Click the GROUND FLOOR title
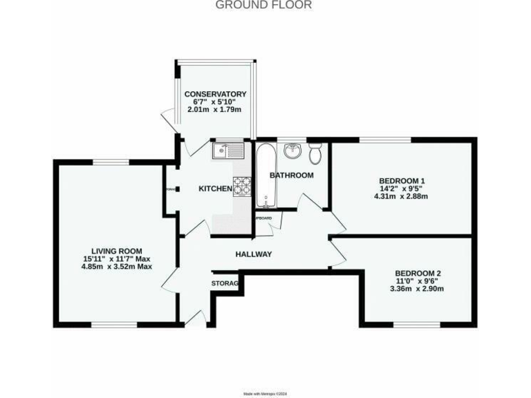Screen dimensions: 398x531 click(x=264, y=6)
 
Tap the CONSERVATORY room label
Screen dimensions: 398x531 click(x=215, y=94)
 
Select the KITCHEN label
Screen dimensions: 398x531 click(x=215, y=189)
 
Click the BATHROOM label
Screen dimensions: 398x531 click(x=291, y=176)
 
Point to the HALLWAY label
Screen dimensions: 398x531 click(x=254, y=254)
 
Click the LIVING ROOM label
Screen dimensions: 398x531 click(x=117, y=251)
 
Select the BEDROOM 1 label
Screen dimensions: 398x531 click(x=404, y=180)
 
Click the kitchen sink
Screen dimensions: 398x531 click(x=226, y=150)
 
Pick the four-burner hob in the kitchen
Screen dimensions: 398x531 click(x=242, y=185)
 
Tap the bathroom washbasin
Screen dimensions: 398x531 click(x=293, y=149)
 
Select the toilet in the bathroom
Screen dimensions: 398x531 click(x=315, y=150)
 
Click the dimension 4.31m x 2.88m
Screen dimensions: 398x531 click(x=404, y=196)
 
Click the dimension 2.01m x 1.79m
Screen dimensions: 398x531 click(x=215, y=111)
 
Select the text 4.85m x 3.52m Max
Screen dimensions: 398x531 click(x=117, y=267)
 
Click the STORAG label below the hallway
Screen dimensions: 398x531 click(x=225, y=284)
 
